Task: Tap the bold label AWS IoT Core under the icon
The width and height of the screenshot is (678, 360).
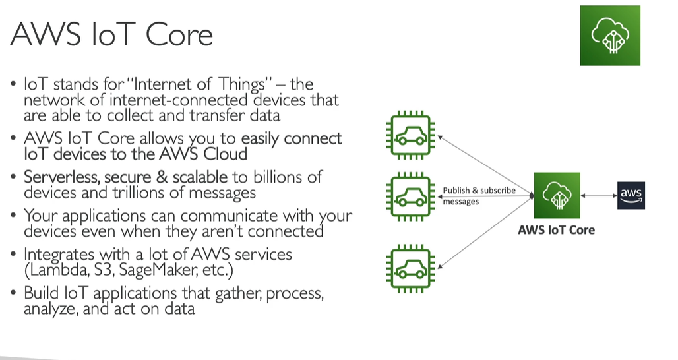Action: pos(556,230)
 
